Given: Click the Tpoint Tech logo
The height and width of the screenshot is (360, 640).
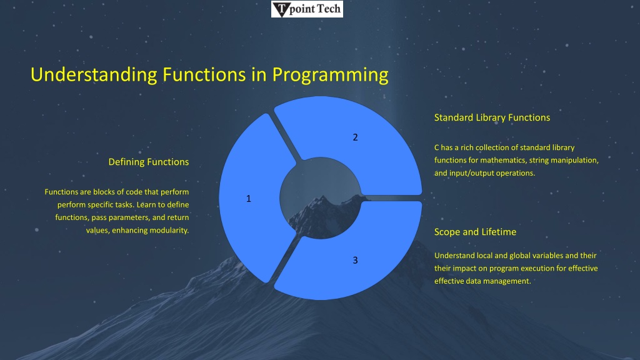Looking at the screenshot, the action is (307, 9).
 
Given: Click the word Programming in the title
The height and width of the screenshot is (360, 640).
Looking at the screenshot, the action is (330, 76).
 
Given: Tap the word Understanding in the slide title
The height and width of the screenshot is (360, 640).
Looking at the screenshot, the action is (94, 76).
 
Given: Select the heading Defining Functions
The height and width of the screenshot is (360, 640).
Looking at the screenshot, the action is (149, 162).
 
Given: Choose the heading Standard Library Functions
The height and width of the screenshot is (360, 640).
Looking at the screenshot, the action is (492, 117).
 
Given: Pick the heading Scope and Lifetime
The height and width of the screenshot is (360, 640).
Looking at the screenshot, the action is (475, 232).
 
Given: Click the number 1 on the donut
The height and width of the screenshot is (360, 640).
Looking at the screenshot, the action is (249, 199).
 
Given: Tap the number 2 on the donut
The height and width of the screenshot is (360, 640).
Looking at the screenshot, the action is (355, 137).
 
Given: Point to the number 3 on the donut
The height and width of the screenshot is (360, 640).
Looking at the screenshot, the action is (355, 261).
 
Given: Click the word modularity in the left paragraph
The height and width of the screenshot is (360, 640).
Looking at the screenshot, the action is (169, 230).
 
